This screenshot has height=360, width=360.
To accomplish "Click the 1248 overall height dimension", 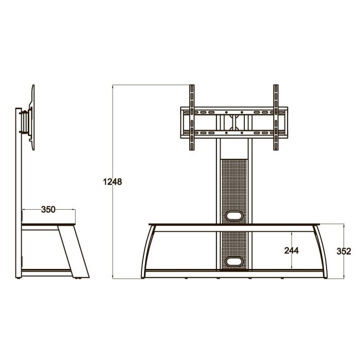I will pos(112,182).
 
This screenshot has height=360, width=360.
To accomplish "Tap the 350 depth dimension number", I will pos(48,209).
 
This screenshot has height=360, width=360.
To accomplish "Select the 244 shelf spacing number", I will pos(291,250).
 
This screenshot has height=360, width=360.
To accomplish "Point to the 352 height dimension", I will pos(344,251).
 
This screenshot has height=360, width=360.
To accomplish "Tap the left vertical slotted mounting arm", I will pos(192,118).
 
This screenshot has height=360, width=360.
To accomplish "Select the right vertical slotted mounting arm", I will pos(276,118).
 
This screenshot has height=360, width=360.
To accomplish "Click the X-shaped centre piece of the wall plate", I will pos(233,122).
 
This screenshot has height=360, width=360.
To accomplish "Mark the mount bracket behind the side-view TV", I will pos(24,121).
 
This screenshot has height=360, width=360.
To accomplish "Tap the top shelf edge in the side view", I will pos(49,225).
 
